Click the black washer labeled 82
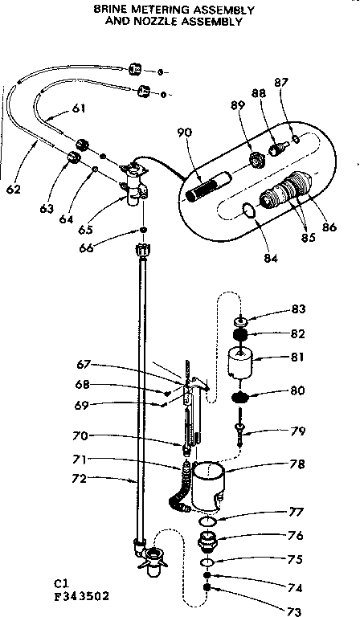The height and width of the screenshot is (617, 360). coord(239,333)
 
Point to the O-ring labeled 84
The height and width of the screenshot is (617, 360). coord(248,210)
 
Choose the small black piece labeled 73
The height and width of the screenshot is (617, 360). coord(207,587)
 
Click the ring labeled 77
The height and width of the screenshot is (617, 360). coord(207,522)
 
